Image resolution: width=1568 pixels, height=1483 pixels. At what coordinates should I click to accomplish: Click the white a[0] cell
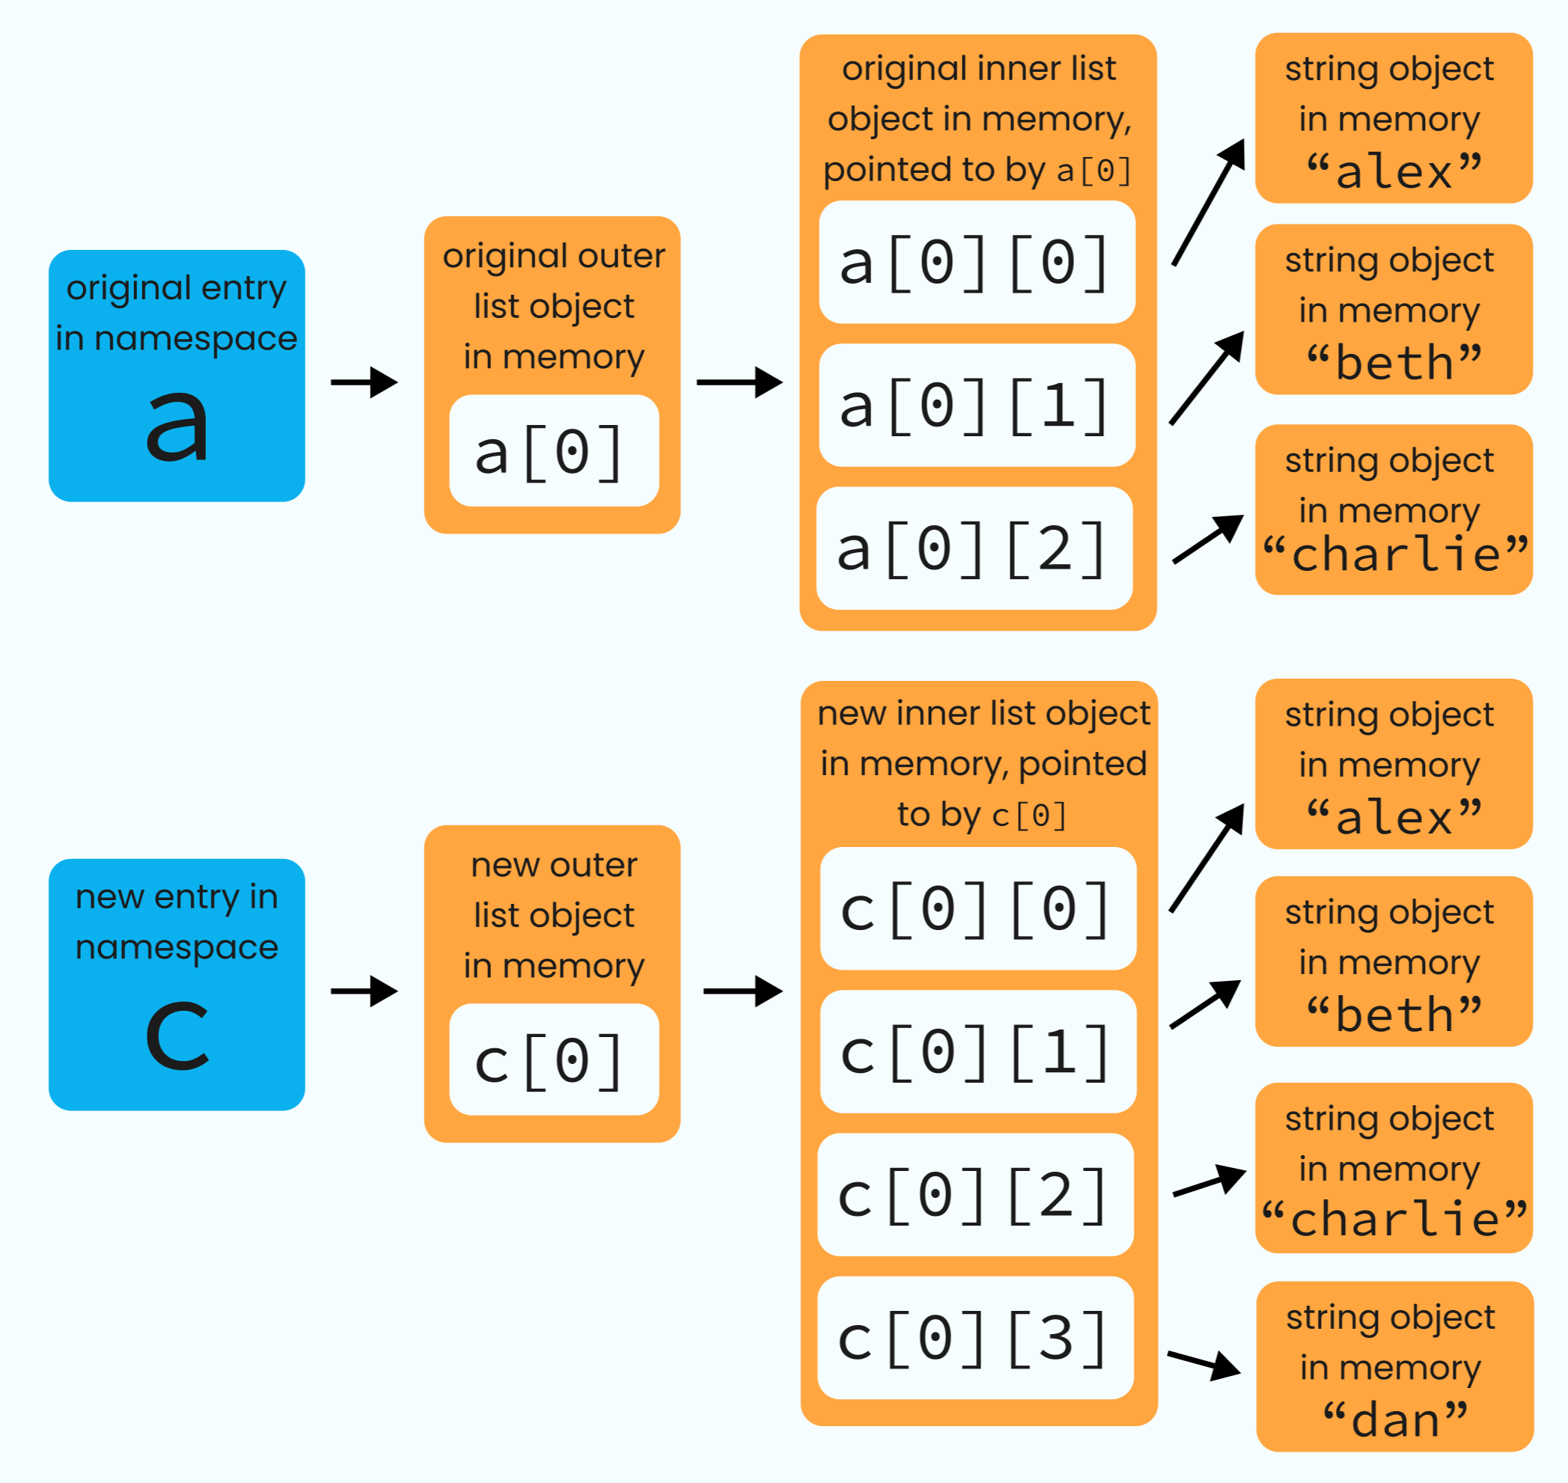tap(554, 451)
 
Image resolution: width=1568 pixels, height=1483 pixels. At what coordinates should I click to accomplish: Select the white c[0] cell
tap(554, 1060)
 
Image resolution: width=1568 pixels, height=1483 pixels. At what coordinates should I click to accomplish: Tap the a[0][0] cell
tap(977, 263)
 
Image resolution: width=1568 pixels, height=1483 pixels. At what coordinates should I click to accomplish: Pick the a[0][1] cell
tap(977, 406)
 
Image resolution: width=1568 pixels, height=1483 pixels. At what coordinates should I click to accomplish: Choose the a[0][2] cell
tap(974, 548)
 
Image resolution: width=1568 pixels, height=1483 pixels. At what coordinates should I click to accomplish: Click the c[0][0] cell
tap(977, 909)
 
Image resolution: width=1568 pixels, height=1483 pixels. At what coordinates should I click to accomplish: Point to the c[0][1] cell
tap(977, 1052)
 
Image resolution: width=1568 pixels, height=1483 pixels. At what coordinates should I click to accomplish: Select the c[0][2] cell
tap(975, 1195)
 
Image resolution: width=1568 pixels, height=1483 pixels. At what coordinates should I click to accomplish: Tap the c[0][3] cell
tap(975, 1339)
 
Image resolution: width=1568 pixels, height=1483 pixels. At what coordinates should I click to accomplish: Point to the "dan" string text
tap(1395, 1419)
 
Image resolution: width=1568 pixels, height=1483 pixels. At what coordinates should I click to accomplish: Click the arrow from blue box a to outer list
tap(364, 382)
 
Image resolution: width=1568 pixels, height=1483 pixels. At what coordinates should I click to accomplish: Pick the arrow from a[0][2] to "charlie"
tap(1206, 539)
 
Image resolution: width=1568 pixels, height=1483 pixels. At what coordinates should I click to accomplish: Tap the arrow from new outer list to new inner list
tap(742, 991)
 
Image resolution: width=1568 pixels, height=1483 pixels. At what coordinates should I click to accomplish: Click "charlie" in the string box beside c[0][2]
tap(1394, 1218)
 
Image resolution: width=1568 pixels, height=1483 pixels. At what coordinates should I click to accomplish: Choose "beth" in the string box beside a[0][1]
tap(1394, 363)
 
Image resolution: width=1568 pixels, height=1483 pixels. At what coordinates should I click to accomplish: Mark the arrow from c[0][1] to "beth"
tap(1204, 1004)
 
